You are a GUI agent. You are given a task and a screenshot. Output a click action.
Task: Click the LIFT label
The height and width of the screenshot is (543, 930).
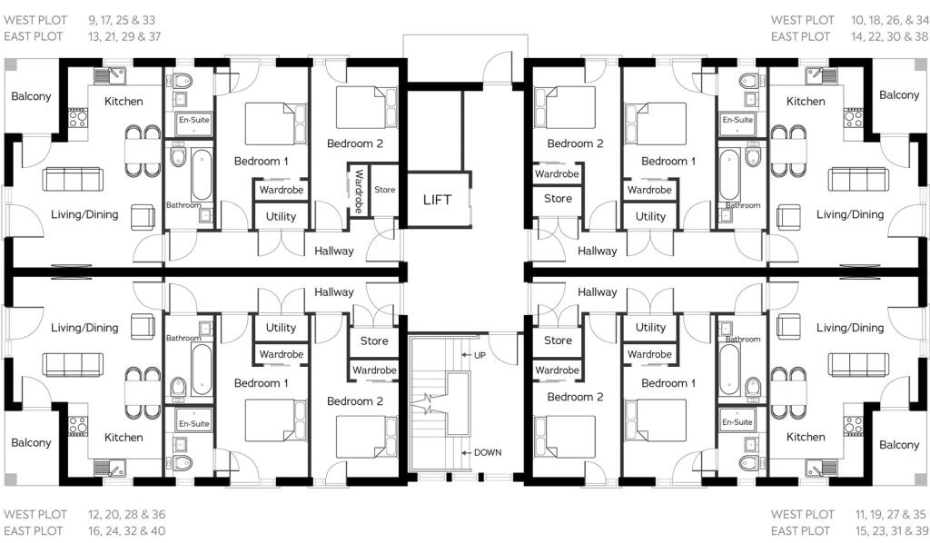click(437, 200)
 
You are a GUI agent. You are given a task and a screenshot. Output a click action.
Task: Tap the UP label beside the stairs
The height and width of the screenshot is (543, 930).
click(480, 355)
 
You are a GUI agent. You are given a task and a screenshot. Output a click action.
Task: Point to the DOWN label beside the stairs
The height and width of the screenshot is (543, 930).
click(488, 452)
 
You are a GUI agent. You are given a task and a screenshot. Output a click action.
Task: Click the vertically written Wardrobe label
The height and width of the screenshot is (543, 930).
click(359, 191)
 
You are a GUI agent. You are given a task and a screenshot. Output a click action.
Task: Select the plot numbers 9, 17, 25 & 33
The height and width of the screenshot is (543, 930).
click(122, 20)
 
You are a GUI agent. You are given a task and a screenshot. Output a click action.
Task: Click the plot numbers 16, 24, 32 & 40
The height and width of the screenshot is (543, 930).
click(127, 530)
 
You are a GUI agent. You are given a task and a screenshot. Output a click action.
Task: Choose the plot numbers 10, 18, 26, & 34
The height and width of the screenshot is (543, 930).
click(890, 20)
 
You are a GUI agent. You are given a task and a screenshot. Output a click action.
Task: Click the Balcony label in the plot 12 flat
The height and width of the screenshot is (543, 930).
click(31, 442)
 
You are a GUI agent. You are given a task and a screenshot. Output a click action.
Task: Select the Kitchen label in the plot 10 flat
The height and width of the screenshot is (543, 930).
click(806, 102)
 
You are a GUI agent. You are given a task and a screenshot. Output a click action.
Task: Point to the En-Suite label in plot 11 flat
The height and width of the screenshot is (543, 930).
click(737, 422)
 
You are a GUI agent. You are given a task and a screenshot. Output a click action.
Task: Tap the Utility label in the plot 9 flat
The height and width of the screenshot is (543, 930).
click(281, 216)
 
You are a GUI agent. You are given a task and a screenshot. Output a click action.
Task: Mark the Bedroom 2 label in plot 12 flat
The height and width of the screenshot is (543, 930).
click(355, 401)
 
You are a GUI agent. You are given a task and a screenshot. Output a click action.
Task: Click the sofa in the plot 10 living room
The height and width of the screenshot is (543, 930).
click(858, 179)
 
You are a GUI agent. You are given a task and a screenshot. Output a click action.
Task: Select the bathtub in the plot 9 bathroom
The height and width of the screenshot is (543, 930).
click(202, 175)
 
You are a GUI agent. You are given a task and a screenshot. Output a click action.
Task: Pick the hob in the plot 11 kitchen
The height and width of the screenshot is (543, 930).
click(854, 426)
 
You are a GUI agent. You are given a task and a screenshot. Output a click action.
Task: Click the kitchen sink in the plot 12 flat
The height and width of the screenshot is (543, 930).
click(110, 469)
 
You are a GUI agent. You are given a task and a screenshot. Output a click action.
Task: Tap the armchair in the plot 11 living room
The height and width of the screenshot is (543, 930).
click(788, 327)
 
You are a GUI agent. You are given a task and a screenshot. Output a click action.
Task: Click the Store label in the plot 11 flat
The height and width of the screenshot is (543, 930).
click(559, 341)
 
